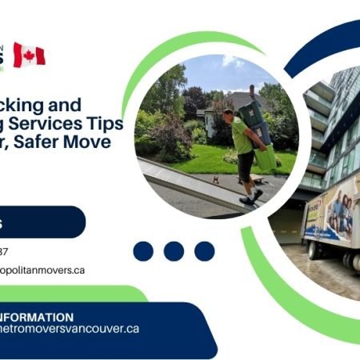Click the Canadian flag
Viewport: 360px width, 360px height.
coord(29,54)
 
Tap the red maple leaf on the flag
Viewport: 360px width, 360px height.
coord(29,54)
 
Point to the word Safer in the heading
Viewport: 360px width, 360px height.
coord(51,143)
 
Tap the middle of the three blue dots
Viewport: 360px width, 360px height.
coord(174,251)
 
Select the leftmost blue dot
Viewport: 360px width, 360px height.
coord(143,251)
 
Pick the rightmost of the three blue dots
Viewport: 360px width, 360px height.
coord(204,251)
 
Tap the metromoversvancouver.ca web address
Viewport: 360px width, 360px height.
coord(72,329)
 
